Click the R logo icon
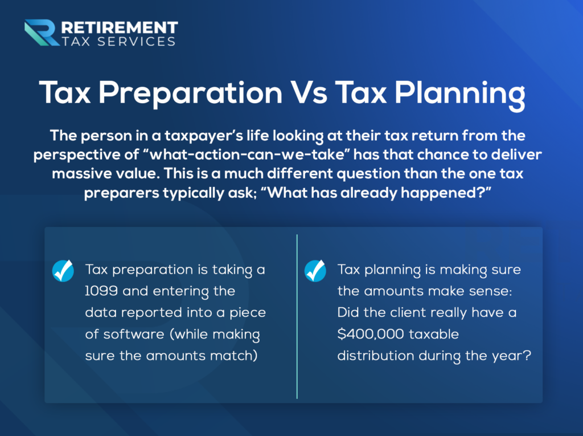[42, 32]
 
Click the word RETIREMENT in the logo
[120, 27]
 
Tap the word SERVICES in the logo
[136, 42]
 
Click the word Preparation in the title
[190, 94]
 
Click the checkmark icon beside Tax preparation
[63, 271]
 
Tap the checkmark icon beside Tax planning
[315, 271]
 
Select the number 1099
[101, 291]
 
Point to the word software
[134, 334]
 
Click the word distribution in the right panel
[376, 356]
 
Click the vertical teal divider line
[297, 316]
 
